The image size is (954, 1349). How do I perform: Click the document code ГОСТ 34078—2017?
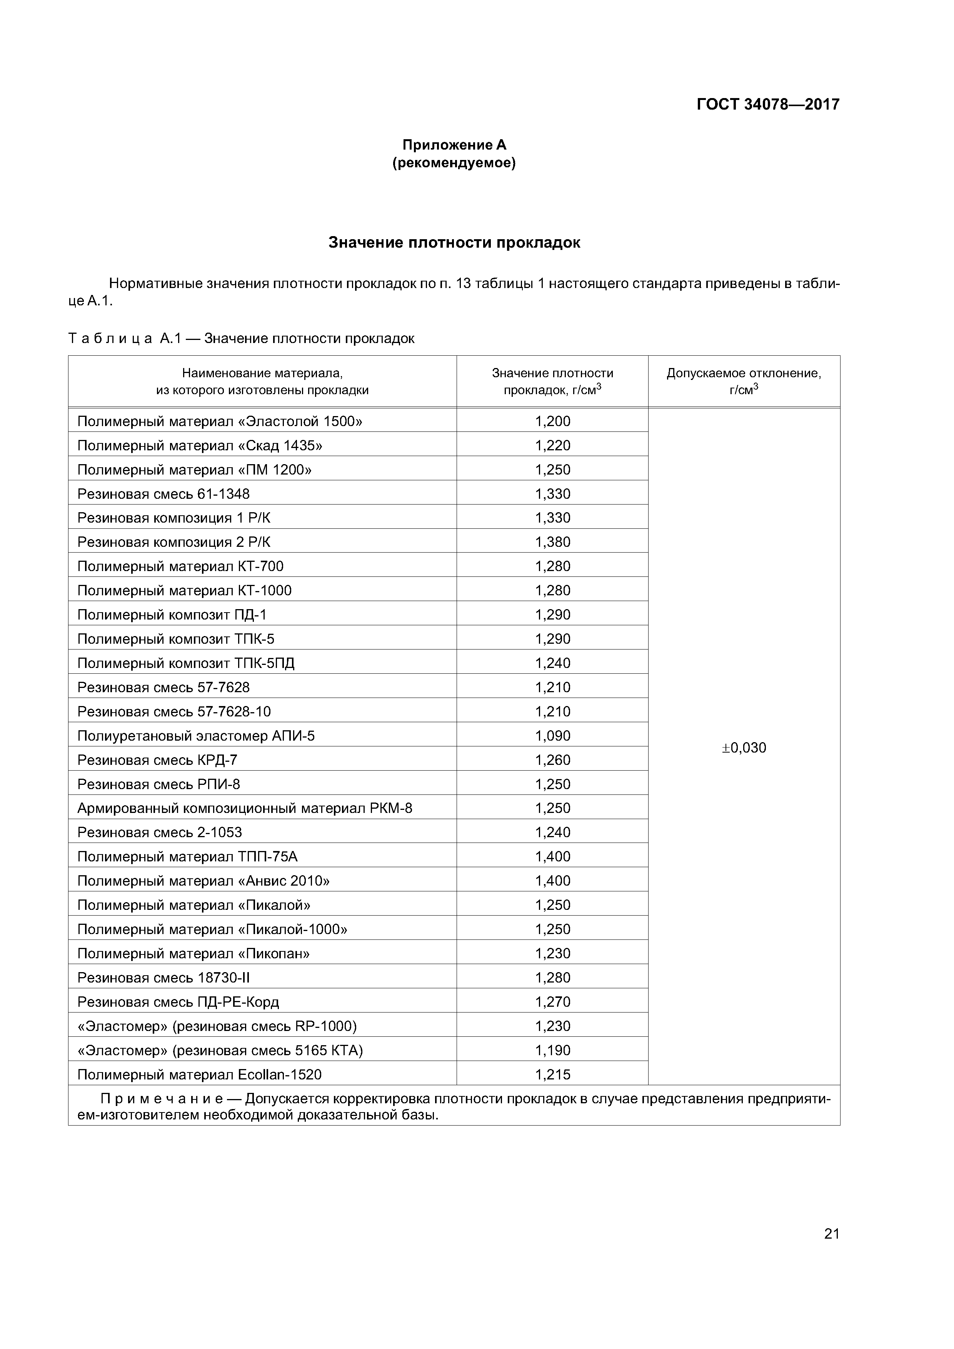pyautogui.click(x=768, y=105)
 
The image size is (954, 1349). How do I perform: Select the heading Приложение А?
pyautogui.click(x=454, y=145)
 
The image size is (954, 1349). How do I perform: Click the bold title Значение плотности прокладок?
pyautogui.click(x=454, y=243)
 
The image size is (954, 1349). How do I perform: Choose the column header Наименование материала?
pyautogui.click(x=262, y=373)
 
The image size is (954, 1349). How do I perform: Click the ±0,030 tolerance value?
pyautogui.click(x=744, y=748)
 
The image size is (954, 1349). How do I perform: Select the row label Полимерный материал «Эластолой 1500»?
pyautogui.click(x=220, y=421)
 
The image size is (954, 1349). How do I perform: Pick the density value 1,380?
pyautogui.click(x=552, y=542)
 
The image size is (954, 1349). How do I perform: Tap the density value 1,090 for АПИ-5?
pyautogui.click(x=552, y=736)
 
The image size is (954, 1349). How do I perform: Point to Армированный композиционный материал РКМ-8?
pyautogui.click(x=245, y=808)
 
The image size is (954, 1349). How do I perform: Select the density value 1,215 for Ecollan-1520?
pyautogui.click(x=552, y=1074)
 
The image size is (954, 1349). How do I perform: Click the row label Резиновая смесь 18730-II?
pyautogui.click(x=163, y=978)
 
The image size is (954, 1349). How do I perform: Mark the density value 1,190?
pyautogui.click(x=552, y=1051)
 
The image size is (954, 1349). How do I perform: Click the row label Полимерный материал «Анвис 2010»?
pyautogui.click(x=203, y=881)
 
